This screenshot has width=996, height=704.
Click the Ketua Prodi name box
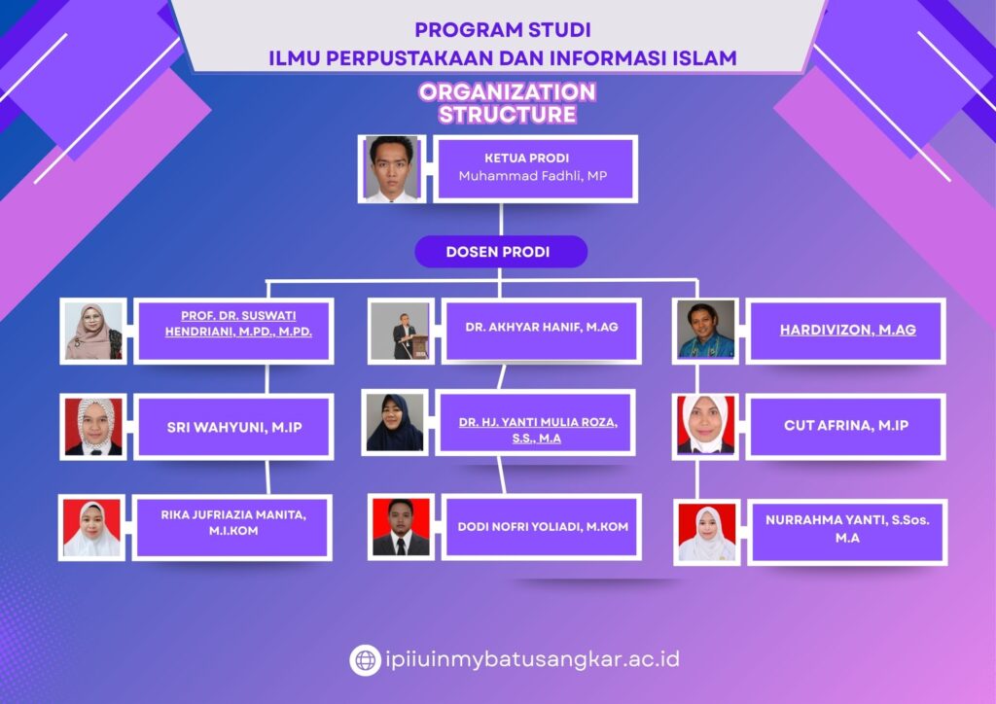click(536, 169)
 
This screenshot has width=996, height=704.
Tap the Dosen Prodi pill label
click(501, 252)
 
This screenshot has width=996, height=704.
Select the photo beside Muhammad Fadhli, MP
click(393, 169)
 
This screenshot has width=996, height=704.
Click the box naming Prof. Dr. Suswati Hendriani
click(233, 331)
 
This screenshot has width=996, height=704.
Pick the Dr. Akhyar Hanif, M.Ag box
click(541, 331)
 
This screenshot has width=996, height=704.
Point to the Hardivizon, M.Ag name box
click(846, 331)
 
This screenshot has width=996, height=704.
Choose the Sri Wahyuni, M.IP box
click(233, 427)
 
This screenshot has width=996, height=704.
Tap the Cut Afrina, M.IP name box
click(846, 427)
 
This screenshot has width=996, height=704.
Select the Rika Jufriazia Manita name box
click(232, 528)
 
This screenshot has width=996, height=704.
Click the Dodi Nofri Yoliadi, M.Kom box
click(541, 527)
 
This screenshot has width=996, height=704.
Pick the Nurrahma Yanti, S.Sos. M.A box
click(847, 532)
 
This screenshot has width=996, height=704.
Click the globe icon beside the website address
click(366, 660)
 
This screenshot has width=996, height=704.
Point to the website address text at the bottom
click(532, 659)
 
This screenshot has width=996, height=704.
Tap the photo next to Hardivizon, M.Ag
click(706, 331)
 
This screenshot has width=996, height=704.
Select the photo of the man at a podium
click(401, 331)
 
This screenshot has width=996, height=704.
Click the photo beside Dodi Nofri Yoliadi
click(401, 527)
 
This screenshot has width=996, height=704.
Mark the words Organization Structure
click(508, 103)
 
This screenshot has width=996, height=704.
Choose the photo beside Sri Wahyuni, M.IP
click(93, 427)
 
